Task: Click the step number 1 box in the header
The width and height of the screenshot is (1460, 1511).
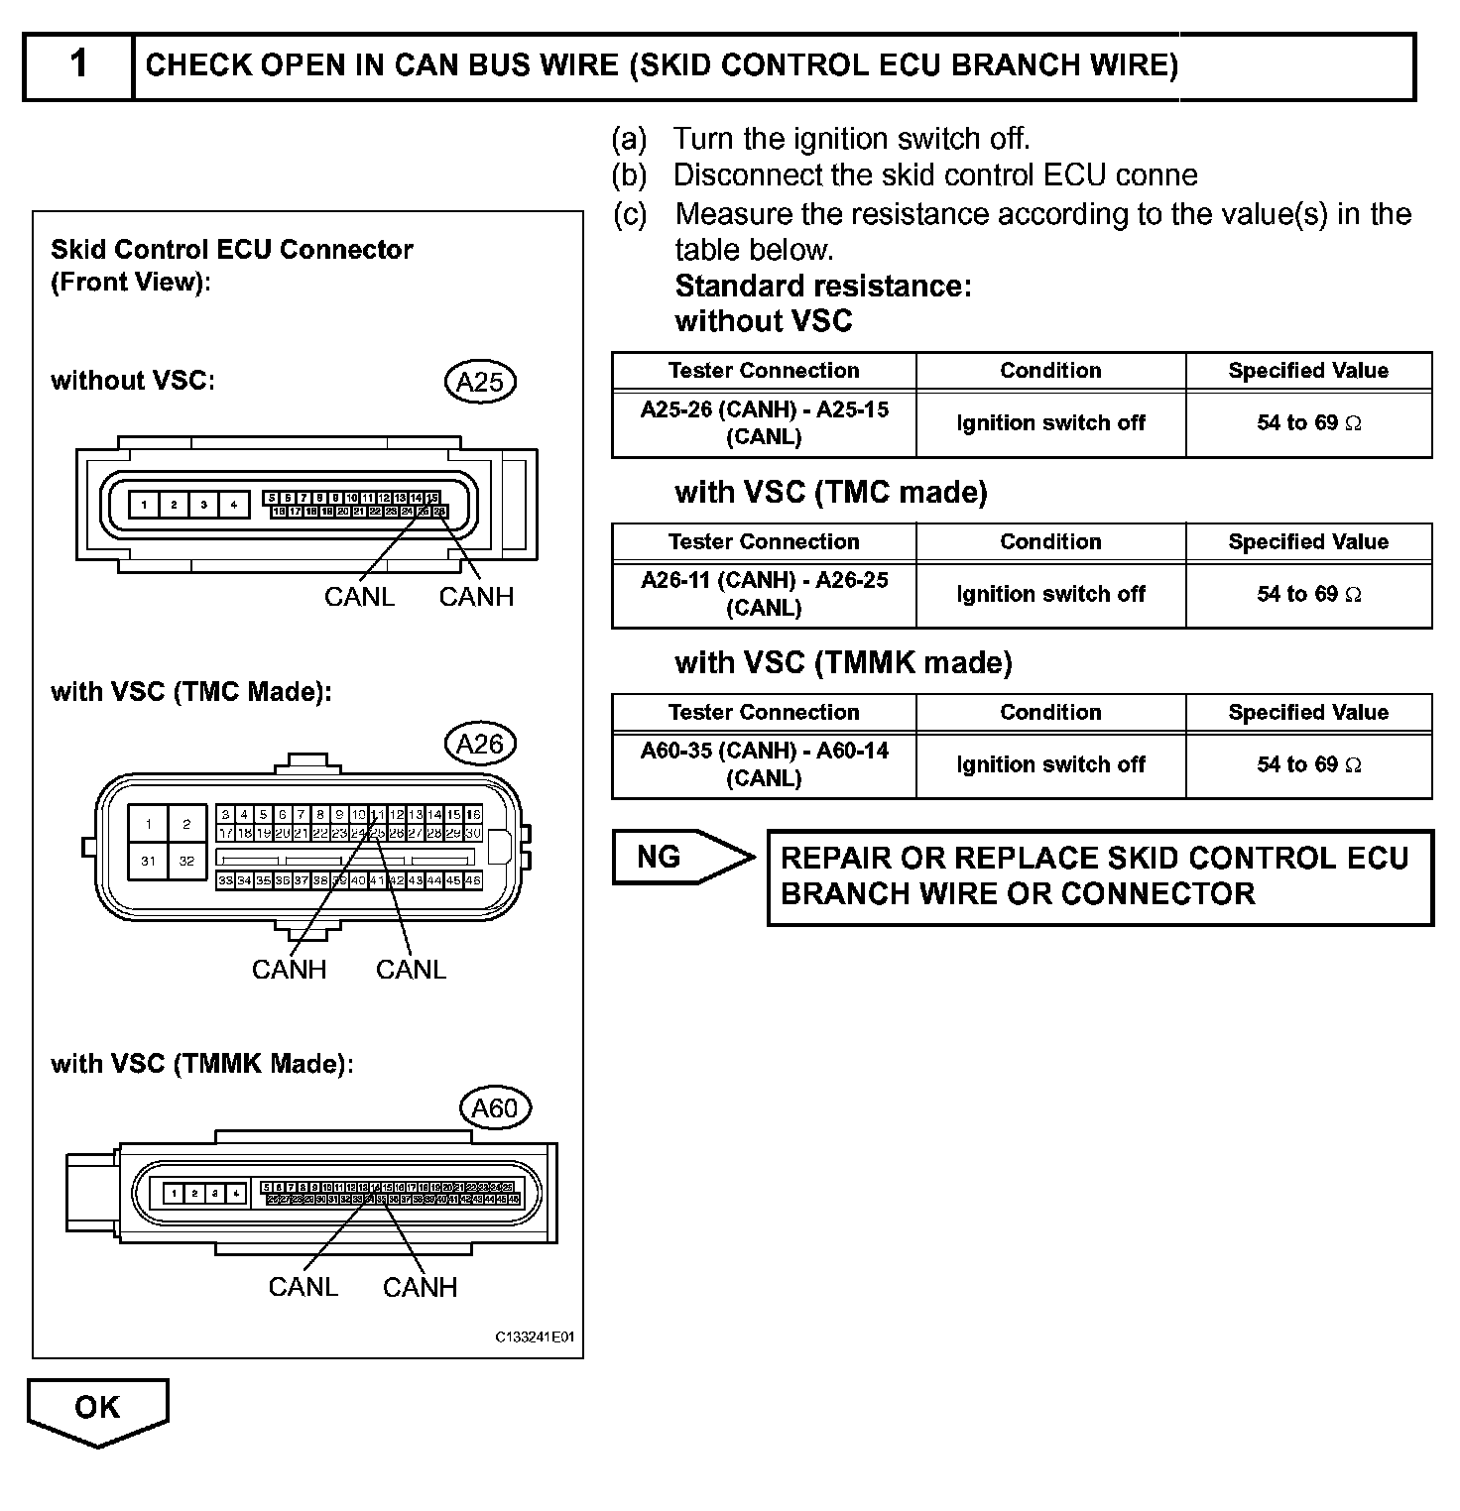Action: (78, 65)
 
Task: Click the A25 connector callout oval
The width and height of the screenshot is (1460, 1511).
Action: (480, 382)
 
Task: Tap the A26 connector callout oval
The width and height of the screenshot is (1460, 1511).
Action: (480, 744)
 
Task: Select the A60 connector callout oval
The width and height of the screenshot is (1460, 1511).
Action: (495, 1107)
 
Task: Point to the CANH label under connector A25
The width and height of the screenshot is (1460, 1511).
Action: (476, 597)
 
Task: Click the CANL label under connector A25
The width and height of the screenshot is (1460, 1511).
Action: (359, 597)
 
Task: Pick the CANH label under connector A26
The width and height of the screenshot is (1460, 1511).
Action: (289, 969)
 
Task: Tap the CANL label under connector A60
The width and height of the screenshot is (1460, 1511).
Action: (304, 1287)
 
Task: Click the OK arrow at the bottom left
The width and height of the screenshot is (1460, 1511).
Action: (97, 1408)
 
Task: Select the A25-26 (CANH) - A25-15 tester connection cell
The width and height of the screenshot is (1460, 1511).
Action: (764, 423)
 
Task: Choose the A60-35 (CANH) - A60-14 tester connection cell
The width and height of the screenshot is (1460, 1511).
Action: (764, 764)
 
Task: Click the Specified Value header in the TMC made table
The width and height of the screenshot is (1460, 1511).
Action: (1307, 542)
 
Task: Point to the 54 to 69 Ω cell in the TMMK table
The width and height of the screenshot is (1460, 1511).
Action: (1307, 764)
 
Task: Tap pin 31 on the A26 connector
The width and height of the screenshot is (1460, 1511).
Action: (148, 861)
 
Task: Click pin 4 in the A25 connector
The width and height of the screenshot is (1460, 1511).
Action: (234, 505)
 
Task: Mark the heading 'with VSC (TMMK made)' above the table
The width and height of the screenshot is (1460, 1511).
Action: (843, 662)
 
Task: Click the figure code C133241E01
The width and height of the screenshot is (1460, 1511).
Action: (535, 1337)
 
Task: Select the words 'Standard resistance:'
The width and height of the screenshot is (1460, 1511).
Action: (823, 287)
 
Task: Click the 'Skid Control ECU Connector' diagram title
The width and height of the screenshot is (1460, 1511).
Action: (232, 249)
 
